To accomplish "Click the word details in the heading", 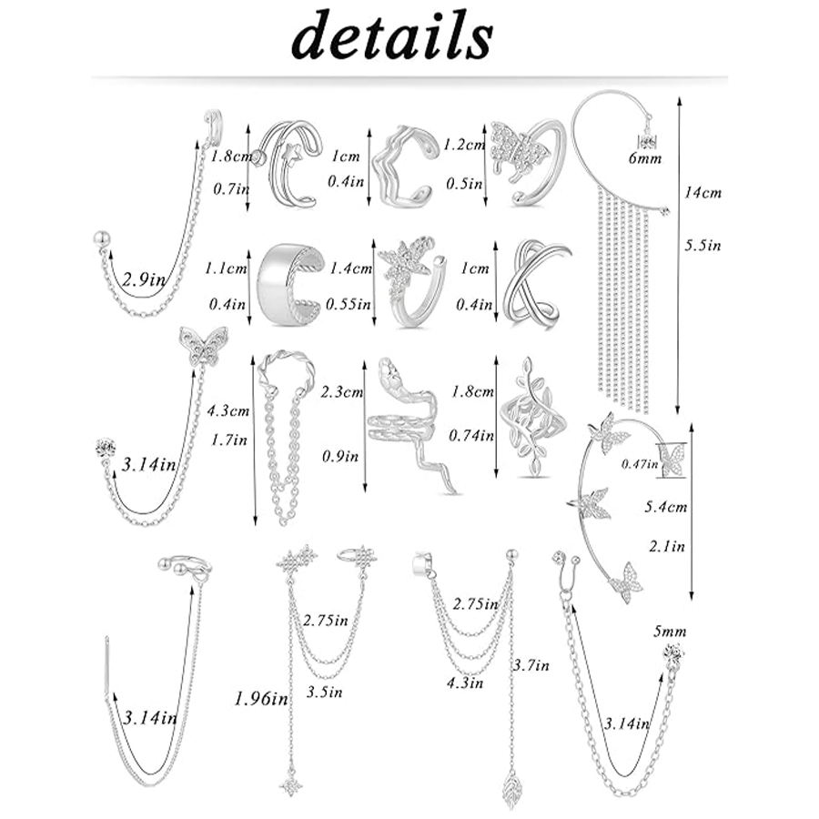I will [391, 36].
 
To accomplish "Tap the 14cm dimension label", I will [703, 194].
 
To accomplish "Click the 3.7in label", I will [532, 666].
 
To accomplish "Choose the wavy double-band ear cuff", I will [403, 167].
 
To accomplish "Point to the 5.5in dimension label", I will [702, 245].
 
